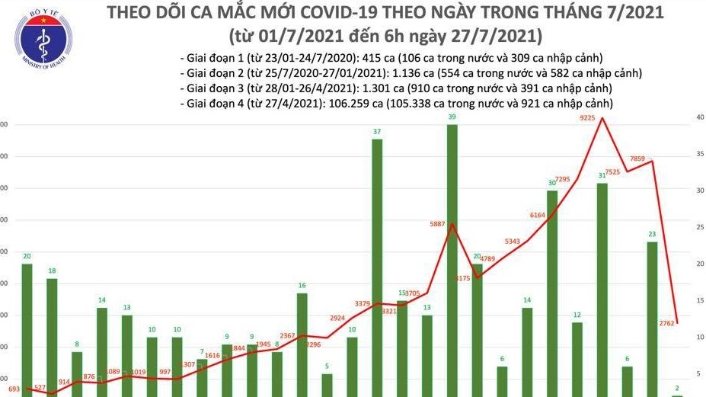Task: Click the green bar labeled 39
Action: tap(452, 259)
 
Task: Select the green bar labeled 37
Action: tap(376, 267)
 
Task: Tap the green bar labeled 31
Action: tap(602, 290)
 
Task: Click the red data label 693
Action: tap(13, 389)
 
